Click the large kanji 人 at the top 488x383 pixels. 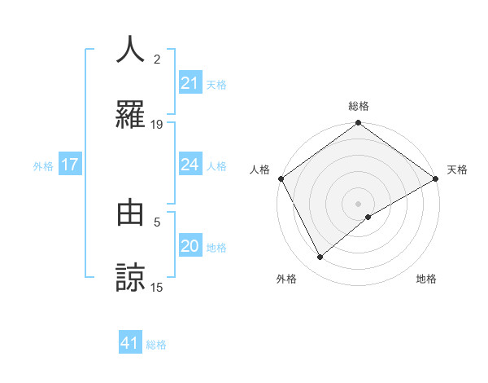131,49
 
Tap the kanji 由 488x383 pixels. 131,213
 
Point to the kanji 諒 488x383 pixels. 131,277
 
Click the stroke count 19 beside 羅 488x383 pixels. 157,124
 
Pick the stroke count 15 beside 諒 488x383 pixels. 157,287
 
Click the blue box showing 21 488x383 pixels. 190,83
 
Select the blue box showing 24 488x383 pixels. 190,165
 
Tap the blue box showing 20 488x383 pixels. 190,246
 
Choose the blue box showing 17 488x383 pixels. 70,165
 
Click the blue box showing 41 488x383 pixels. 130,343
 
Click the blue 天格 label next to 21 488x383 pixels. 216,84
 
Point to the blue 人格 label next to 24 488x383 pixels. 216,165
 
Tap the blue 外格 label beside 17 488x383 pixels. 43,165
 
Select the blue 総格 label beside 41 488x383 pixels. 156,345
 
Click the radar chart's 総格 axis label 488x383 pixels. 358,106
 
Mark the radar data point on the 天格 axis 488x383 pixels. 436,178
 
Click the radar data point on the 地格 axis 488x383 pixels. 368,217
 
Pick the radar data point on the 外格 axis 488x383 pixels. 320,257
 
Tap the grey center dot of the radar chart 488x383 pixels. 358,203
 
